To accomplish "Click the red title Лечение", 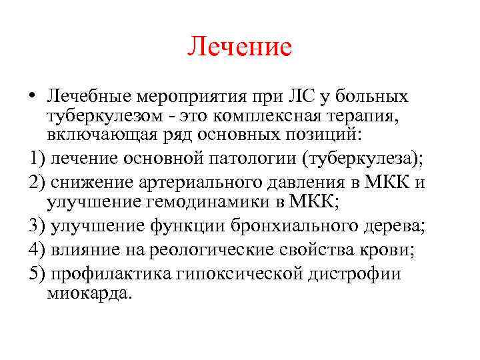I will tap(240, 47).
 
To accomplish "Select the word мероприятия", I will tap(193, 97).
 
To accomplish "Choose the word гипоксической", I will tap(250, 273).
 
